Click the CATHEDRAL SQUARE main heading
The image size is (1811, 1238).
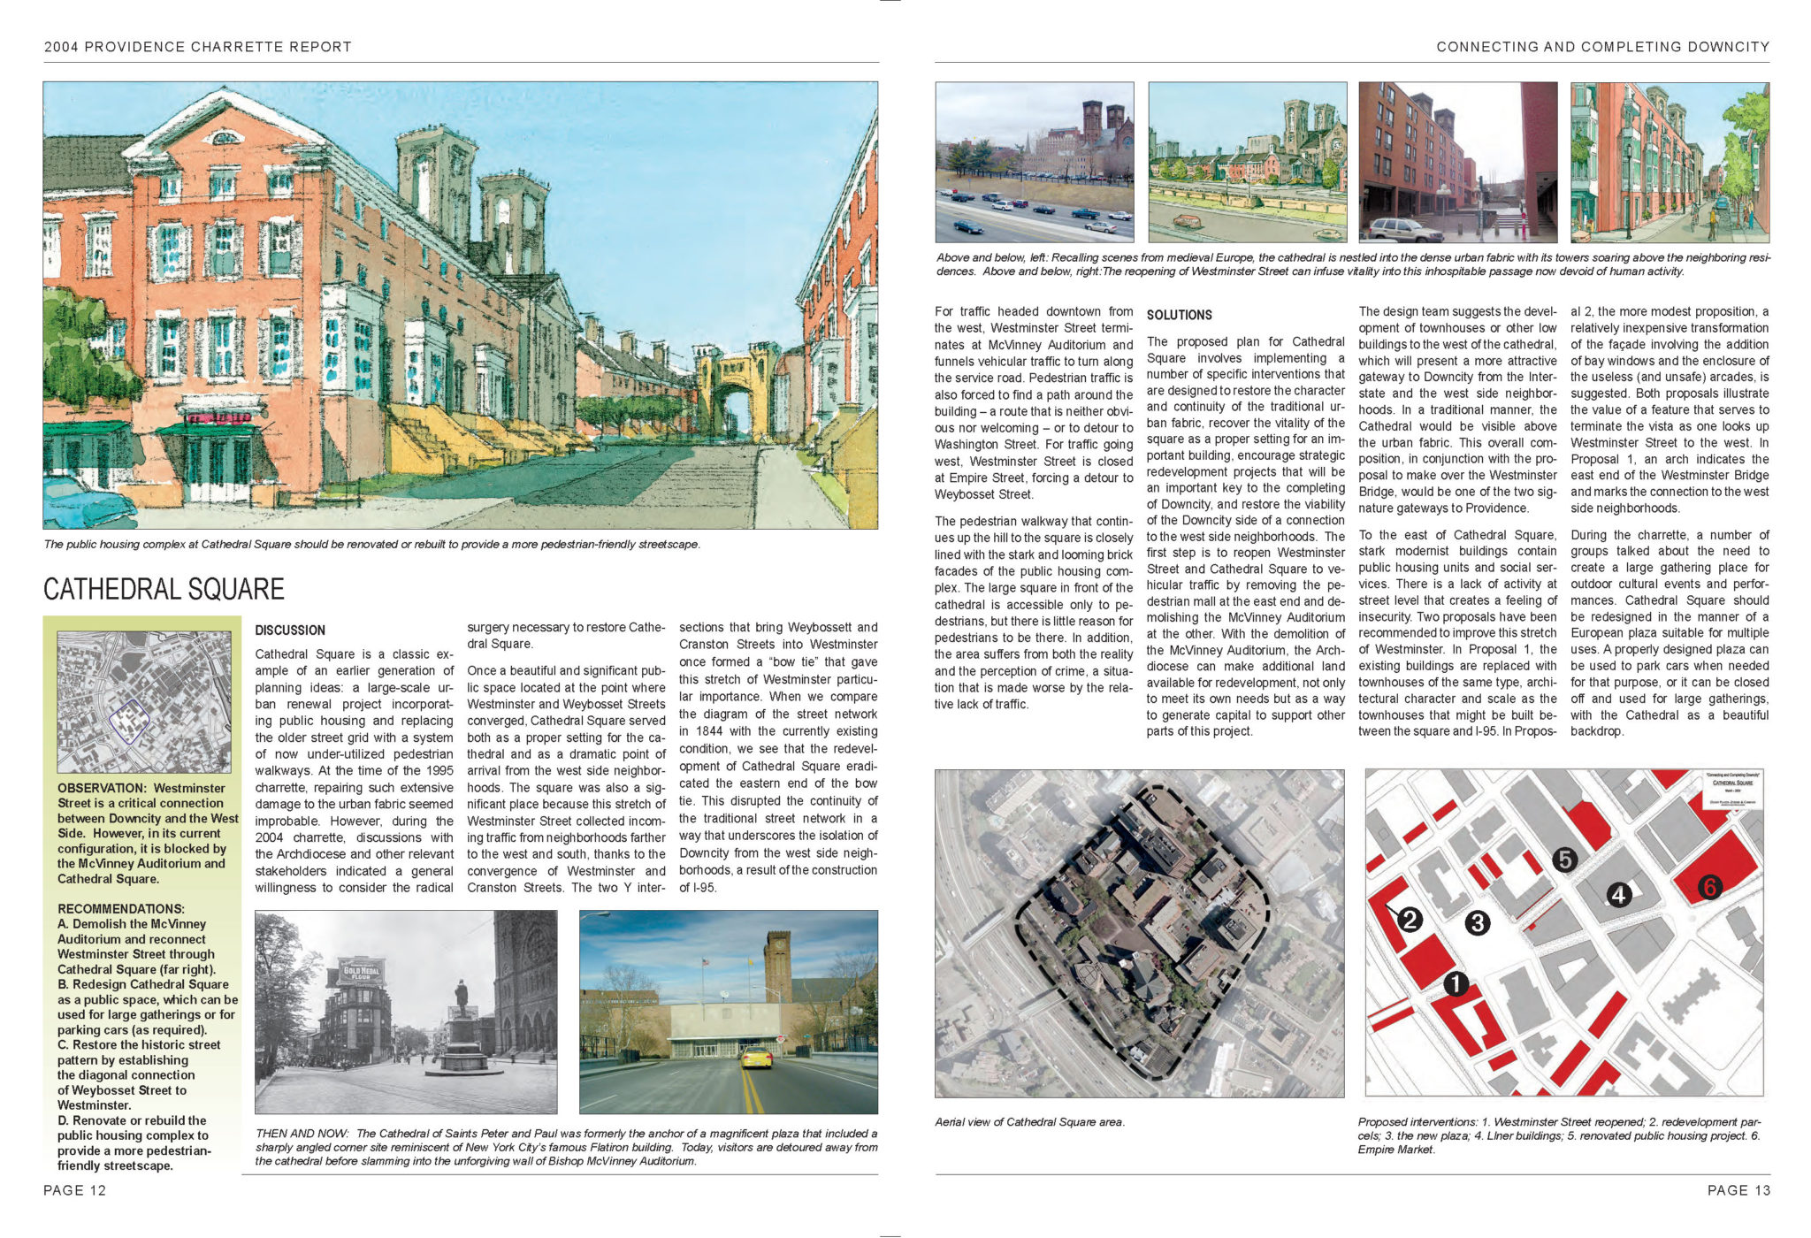click(164, 589)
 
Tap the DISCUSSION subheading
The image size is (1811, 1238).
click(290, 630)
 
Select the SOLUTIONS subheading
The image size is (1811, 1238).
click(1179, 315)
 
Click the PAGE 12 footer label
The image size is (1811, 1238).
click(75, 1190)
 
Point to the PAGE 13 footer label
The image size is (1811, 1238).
click(1738, 1190)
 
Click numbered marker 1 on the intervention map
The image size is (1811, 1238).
click(1456, 983)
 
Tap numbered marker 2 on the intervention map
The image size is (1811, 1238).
click(1410, 920)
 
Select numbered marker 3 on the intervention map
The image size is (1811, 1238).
click(1477, 923)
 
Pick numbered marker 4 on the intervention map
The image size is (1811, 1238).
click(1618, 895)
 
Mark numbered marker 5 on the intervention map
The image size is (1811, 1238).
click(1564, 859)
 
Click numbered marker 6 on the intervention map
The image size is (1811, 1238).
click(1708, 887)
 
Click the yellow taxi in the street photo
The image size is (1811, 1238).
click(755, 1058)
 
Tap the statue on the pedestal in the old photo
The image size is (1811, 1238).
click(461, 999)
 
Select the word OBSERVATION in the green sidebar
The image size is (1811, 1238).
click(102, 788)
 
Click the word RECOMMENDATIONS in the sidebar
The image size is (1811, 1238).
click(121, 909)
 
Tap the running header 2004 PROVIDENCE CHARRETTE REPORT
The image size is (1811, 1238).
click(198, 47)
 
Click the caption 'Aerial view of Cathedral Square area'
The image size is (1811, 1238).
click(1029, 1122)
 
